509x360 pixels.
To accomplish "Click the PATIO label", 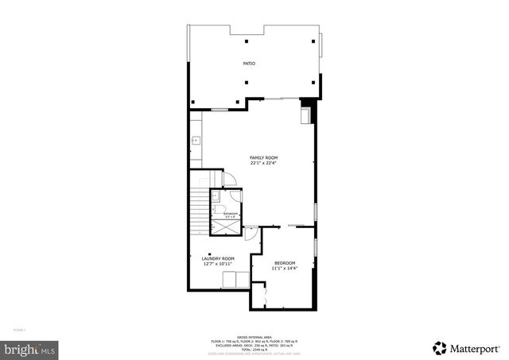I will [249, 63].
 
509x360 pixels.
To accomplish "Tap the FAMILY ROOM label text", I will [263, 158].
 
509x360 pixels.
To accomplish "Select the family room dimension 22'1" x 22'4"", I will [263, 164].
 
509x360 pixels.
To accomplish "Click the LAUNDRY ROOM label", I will [217, 258].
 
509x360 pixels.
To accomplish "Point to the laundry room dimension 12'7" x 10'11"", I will [217, 264].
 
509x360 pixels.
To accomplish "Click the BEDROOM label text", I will [285, 263].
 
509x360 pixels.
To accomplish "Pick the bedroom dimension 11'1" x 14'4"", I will [285, 269].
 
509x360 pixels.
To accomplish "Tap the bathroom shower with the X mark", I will [225, 226].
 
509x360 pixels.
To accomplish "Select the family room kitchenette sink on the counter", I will [195, 141].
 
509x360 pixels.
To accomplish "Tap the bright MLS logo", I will [29, 348].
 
